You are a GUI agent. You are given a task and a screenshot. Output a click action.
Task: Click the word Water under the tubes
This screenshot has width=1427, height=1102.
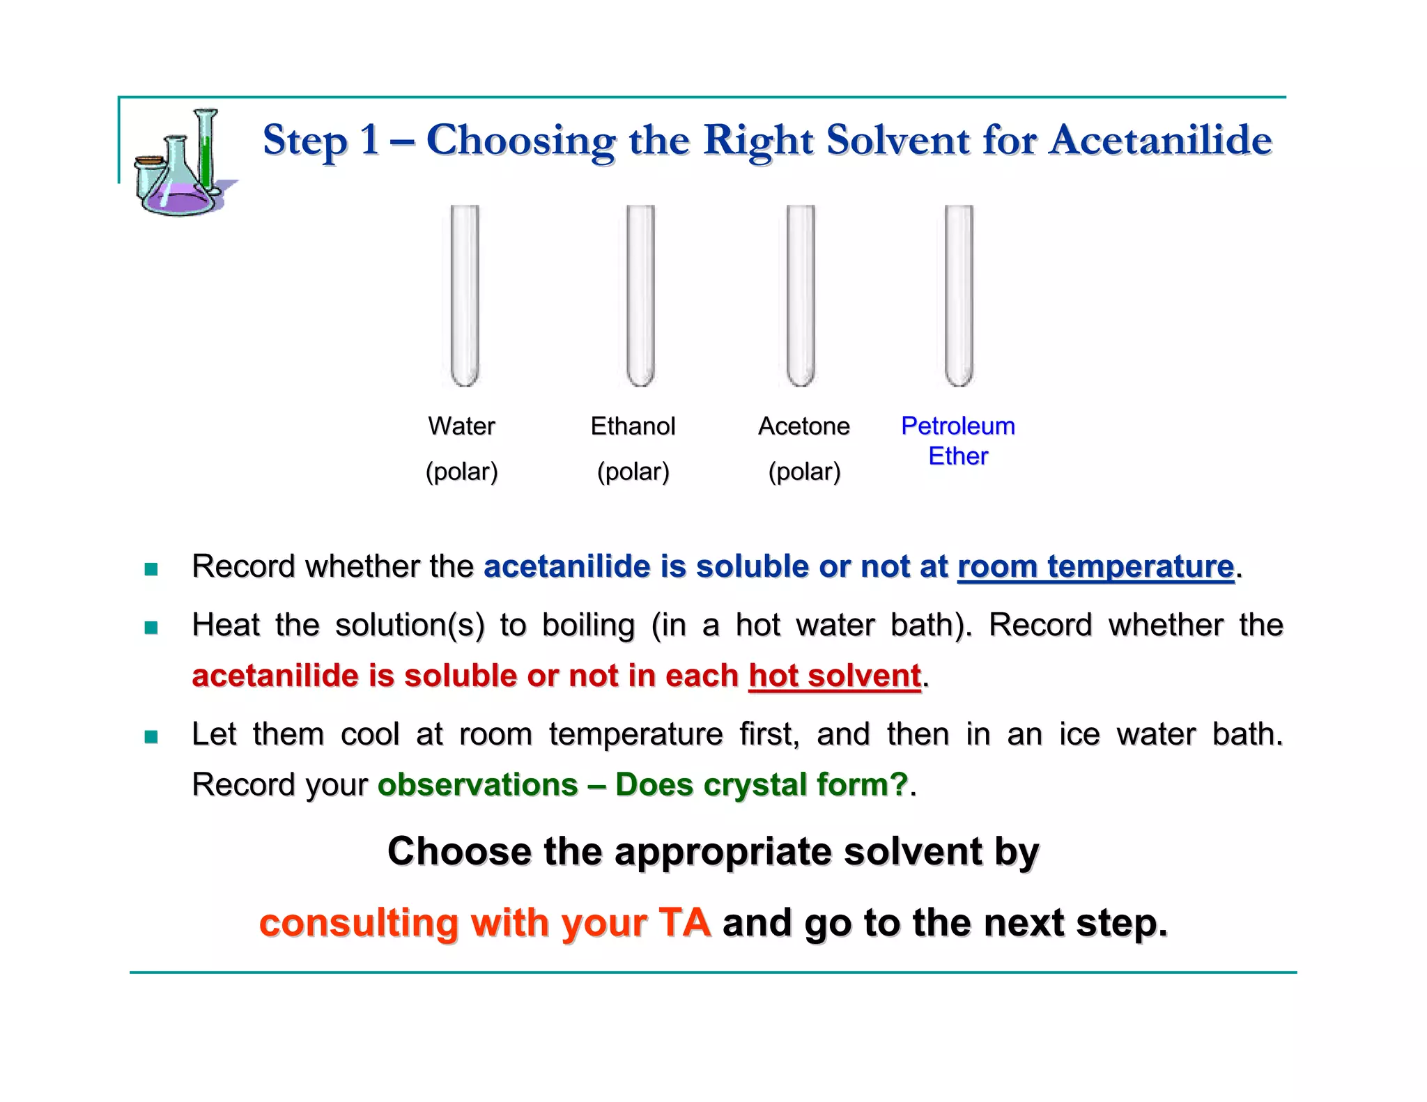pos(461,426)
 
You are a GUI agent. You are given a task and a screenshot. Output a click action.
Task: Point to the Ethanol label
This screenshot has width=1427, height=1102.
pos(633,426)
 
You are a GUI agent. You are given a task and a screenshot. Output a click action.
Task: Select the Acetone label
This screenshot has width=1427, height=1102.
pos(804,426)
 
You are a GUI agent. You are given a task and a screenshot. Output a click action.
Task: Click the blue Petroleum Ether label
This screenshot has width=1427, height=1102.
pos(958,440)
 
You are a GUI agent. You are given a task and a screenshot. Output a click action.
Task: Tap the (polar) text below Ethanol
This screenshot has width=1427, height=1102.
pos(633,472)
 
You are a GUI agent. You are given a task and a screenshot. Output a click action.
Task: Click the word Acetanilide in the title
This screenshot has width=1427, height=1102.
pos(1161,140)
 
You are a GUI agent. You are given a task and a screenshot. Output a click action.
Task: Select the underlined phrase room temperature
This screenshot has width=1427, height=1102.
pos(1095,566)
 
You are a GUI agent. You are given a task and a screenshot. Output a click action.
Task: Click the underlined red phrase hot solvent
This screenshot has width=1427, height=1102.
pos(835,676)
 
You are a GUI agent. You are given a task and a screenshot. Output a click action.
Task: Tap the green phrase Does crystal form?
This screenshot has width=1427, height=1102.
pos(762,784)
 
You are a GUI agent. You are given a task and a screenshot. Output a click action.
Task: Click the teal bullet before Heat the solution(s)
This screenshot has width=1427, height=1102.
pos(151,628)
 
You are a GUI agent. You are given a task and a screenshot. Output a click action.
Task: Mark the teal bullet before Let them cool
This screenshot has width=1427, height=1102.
pos(151,736)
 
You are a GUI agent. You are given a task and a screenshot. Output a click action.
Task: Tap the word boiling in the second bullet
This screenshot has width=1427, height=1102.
pos(588,625)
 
